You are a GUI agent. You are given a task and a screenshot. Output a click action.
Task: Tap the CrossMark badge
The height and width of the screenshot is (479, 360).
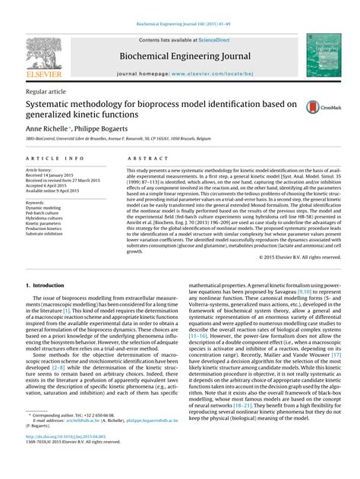click(x=319, y=108)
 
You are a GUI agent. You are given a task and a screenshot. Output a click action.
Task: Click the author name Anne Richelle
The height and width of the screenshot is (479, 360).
click(x=46, y=130)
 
